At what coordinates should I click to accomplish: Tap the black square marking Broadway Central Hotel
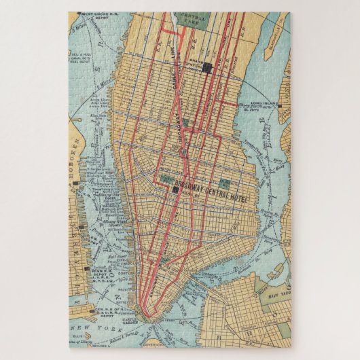pos(175,191)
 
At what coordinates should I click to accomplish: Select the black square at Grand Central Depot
pos(210,67)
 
